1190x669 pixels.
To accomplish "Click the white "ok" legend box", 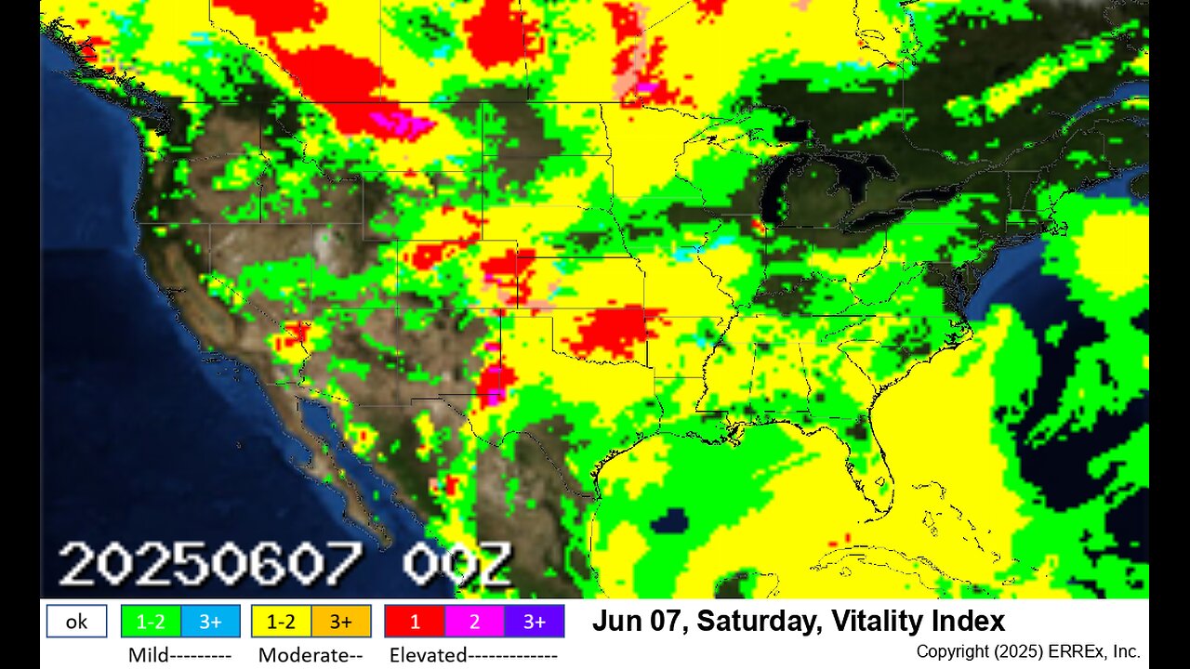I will click(x=76, y=622).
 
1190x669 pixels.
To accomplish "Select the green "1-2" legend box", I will click(x=151, y=622).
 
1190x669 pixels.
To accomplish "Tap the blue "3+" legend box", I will click(x=210, y=622).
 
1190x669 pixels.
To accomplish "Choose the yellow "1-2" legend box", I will click(x=281, y=622).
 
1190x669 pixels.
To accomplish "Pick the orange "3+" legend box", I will click(x=341, y=622).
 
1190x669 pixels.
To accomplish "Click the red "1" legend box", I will click(x=415, y=622).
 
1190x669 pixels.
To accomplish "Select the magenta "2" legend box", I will click(x=474, y=622).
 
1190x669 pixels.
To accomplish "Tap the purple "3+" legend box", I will click(x=534, y=622).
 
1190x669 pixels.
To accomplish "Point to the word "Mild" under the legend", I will click(x=148, y=655).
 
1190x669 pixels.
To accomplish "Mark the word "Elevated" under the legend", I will click(x=429, y=655).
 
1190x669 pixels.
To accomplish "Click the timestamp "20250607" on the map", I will click(x=210, y=564).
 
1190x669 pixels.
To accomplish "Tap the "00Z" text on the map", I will click(x=456, y=564).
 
